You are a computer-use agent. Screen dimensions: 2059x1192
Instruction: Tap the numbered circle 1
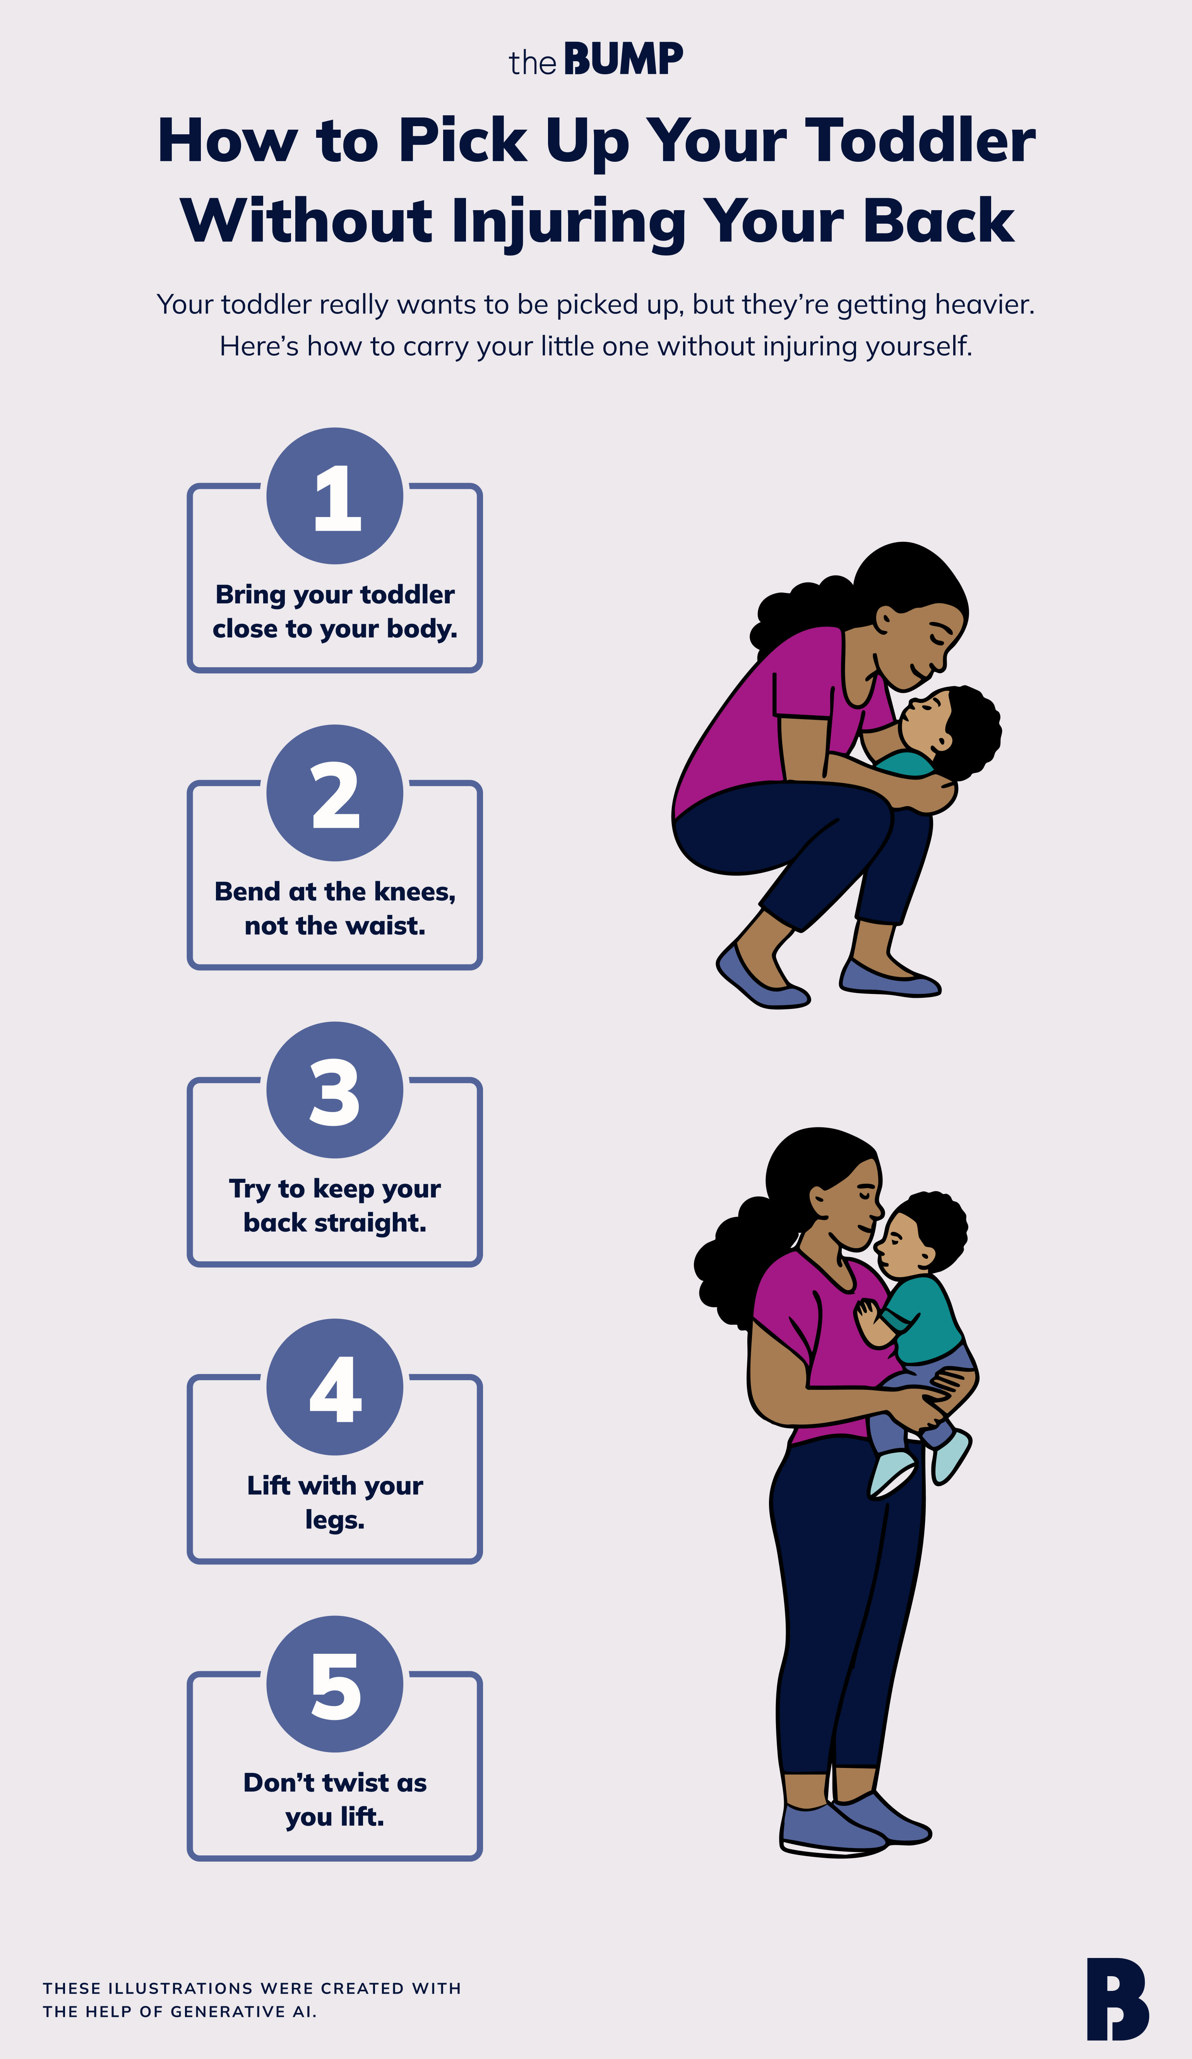coord(335,496)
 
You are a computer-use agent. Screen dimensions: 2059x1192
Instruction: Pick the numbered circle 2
coord(335,793)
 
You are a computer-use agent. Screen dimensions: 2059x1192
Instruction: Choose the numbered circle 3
coord(335,1090)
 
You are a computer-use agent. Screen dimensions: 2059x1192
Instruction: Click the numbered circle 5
coord(335,1684)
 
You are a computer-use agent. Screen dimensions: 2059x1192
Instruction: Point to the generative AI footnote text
coord(252,1999)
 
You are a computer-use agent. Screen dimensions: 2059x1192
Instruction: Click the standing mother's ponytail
coord(731,1262)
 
